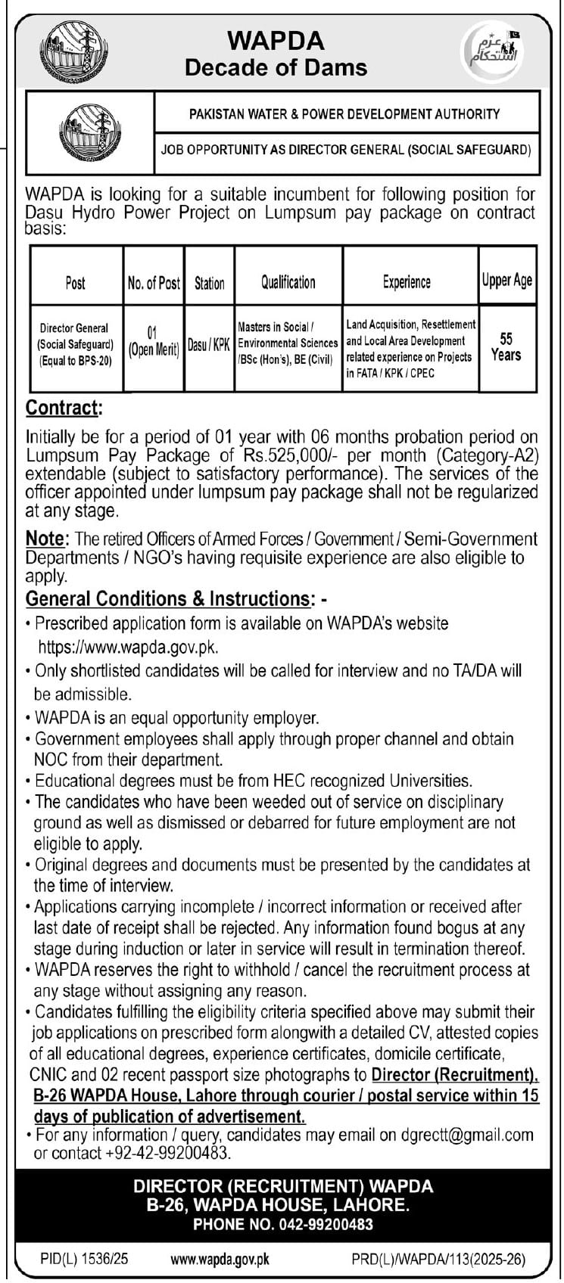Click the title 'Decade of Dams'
[276, 67]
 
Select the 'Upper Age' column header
[507, 281]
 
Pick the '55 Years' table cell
[506, 347]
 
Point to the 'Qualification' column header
[288, 282]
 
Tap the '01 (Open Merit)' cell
[153, 341]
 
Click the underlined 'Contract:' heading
[63, 408]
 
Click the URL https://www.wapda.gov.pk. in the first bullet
[129, 647]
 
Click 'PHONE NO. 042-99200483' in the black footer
[283, 1224]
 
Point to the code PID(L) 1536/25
[84, 1260]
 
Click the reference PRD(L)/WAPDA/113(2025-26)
[438, 1260]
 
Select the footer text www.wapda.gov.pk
[220, 1260]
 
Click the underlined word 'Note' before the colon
[46, 539]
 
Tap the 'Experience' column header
[407, 282]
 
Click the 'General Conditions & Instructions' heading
[170, 599]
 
